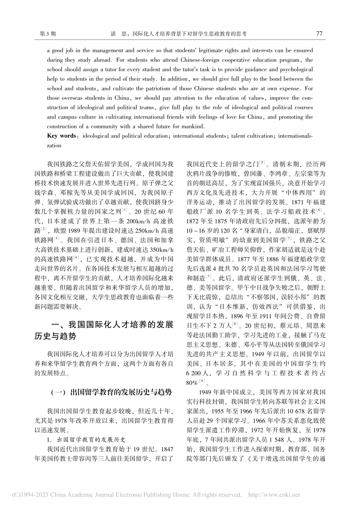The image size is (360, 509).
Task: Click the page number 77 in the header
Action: pyautogui.click(x=319, y=34)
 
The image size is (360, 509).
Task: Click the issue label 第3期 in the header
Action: pyautogui.click(x=47, y=34)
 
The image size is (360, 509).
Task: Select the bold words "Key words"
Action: pyautogui.click(x=61, y=136)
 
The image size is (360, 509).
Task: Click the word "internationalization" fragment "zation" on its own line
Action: pyautogui.click(x=54, y=145)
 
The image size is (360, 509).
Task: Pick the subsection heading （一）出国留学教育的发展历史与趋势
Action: pyautogui.click(x=111, y=392)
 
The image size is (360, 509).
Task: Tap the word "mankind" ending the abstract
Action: pyautogui.click(x=194, y=126)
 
